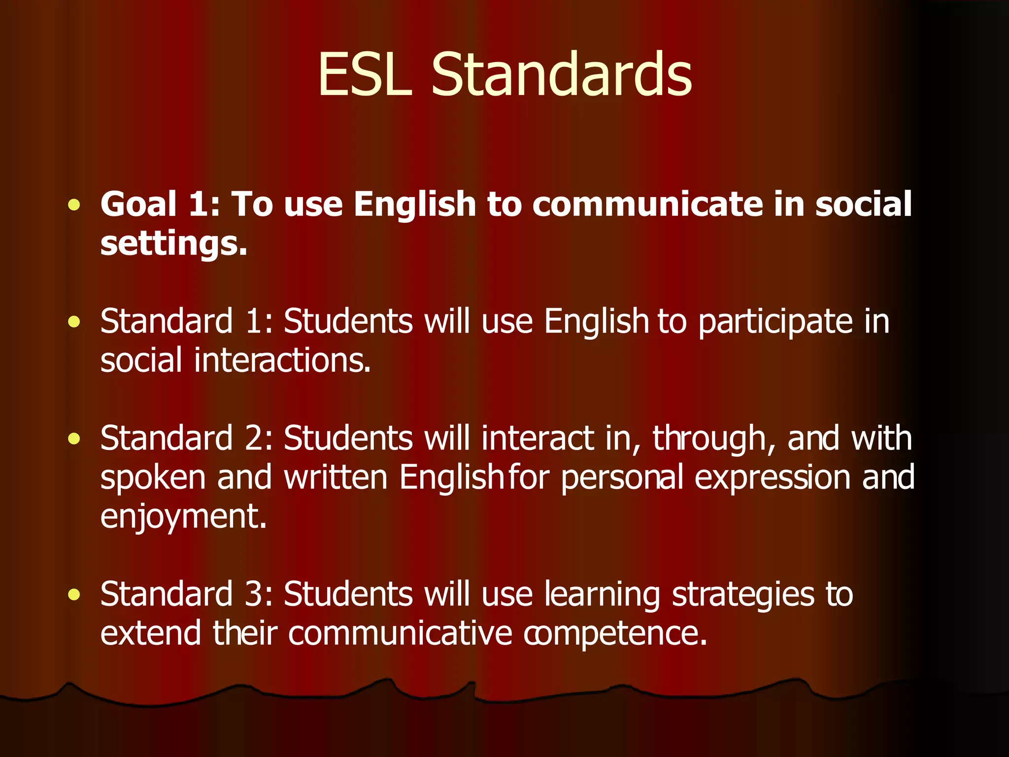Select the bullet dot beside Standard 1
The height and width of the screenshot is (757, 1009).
(x=74, y=322)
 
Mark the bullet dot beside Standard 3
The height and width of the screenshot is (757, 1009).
(x=74, y=595)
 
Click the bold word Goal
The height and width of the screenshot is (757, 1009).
(x=138, y=204)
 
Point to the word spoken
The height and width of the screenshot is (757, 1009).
(x=153, y=478)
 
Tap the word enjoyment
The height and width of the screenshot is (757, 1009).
(x=183, y=516)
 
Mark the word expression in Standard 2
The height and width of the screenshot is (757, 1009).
(x=772, y=478)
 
